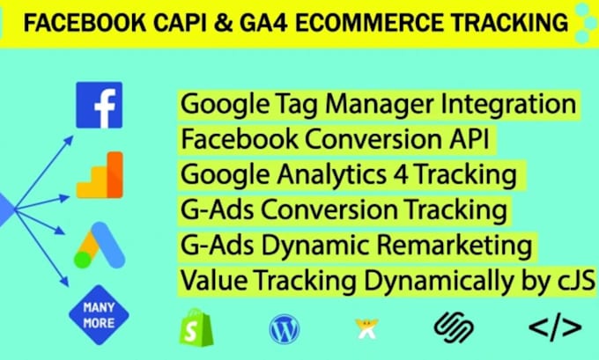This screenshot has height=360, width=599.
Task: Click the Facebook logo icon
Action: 99,106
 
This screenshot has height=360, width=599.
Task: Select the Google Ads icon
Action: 98,245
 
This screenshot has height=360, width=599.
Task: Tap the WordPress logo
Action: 284,329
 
